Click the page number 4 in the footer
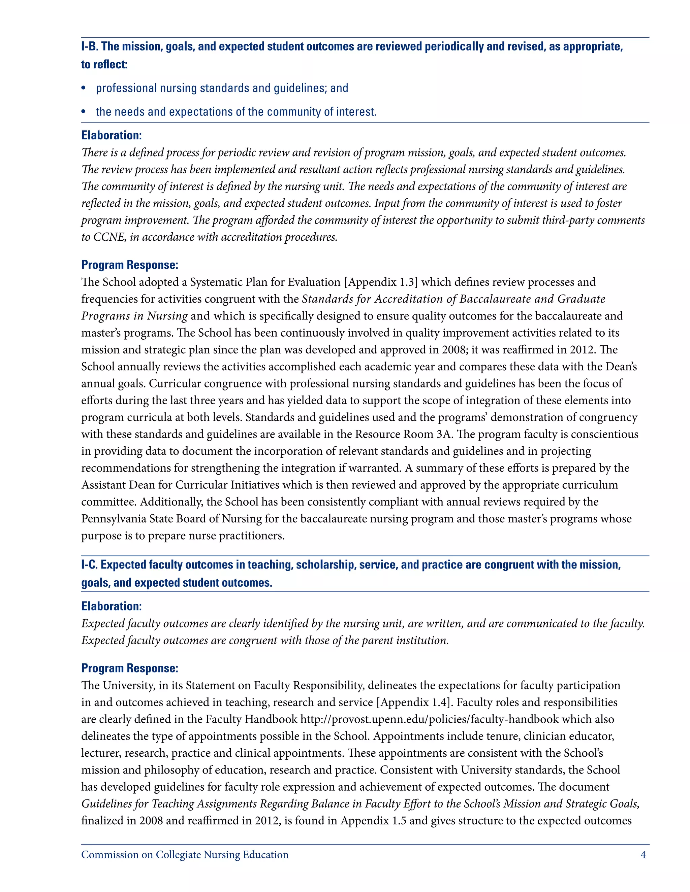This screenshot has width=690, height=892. [x=643, y=855]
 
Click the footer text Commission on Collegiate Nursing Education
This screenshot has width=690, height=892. [x=185, y=855]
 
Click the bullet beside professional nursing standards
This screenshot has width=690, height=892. [x=84, y=89]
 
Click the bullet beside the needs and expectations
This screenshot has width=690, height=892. [x=84, y=112]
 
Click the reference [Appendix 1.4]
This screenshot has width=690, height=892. [x=414, y=702]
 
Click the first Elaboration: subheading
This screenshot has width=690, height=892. [x=111, y=136]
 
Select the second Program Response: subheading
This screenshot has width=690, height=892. [x=130, y=668]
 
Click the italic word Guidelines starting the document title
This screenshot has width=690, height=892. [x=106, y=804]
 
